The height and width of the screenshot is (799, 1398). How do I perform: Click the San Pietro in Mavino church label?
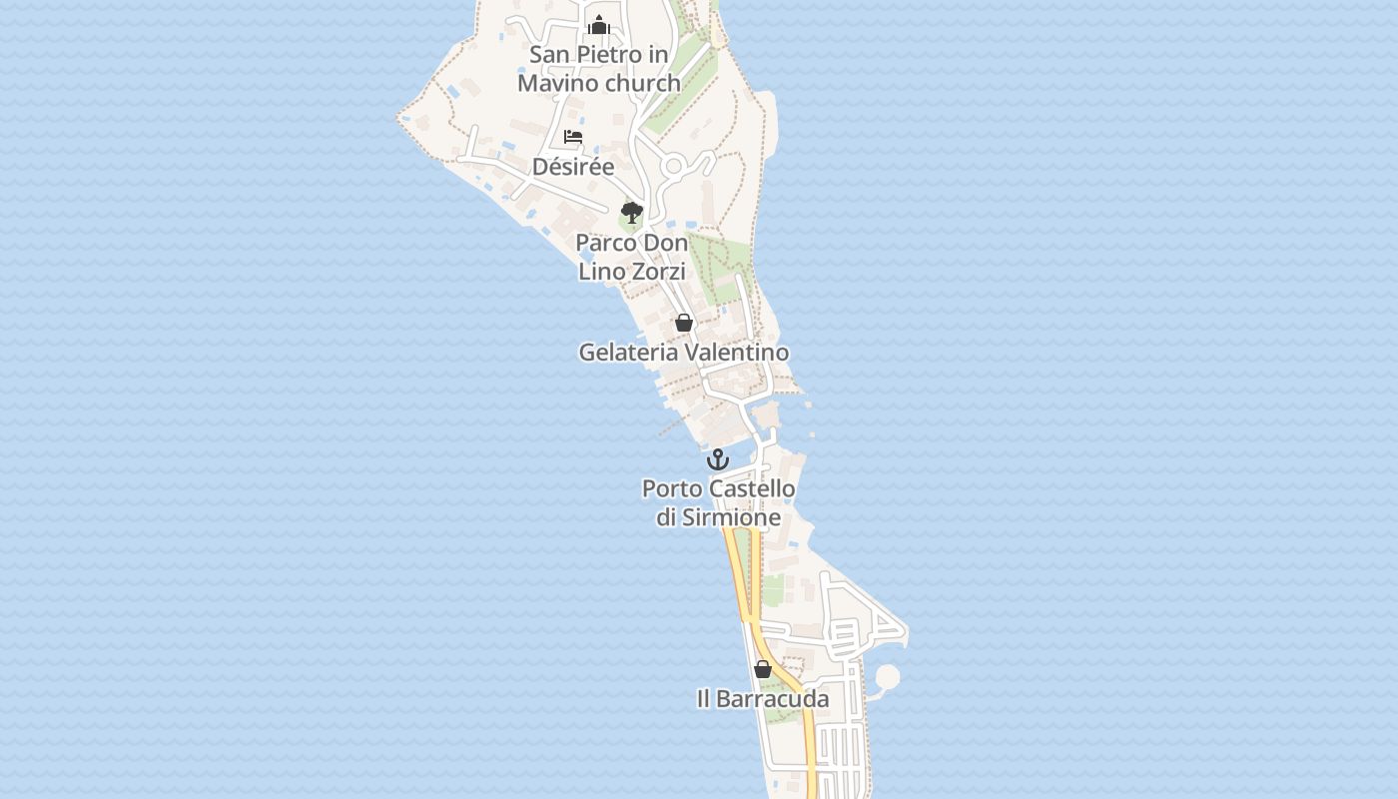pos(599,69)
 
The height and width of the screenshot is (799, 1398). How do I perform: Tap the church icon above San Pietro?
pos(599,25)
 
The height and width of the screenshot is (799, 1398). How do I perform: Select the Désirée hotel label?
pos(573,167)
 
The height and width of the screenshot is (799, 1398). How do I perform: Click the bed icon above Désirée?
pos(573,137)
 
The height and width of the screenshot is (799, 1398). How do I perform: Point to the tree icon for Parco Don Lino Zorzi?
pos(631,212)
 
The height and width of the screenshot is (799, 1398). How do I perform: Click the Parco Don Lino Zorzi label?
pos(632,257)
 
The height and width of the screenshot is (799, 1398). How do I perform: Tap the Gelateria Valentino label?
pos(684,353)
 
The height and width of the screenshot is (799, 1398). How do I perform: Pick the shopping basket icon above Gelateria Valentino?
pos(684,323)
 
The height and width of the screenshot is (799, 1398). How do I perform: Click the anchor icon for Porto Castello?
pos(718,459)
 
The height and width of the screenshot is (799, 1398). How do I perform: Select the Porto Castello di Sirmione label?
pos(719,503)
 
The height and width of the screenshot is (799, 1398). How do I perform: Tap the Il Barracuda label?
pos(763,699)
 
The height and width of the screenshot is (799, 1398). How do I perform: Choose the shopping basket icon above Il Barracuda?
pos(763,669)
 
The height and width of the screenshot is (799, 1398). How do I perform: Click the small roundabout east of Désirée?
pos(674,166)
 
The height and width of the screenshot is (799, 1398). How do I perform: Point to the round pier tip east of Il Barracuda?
pos(887,677)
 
